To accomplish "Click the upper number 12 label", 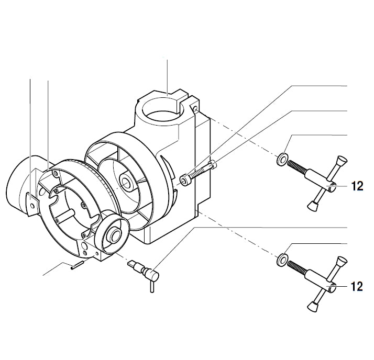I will click(358, 186).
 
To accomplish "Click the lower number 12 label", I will click(358, 286).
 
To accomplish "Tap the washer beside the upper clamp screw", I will click(282, 159).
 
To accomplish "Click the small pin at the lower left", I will click(75, 266).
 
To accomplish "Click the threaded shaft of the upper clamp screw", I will click(300, 168).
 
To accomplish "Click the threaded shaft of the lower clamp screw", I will click(300, 269).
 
